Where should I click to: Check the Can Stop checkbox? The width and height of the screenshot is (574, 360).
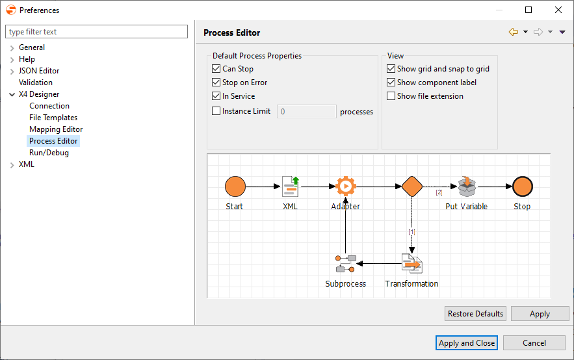coord(217,69)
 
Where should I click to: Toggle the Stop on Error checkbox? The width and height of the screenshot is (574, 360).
coord(217,83)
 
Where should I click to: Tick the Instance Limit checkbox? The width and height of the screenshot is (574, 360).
coord(217,111)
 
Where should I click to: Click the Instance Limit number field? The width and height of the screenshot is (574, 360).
coord(306,112)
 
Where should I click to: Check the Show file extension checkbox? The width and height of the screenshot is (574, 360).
coord(391,96)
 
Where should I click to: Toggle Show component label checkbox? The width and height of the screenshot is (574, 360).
coord(391,83)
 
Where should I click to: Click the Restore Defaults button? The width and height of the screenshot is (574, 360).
coord(475,314)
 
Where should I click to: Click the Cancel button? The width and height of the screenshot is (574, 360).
coord(534,343)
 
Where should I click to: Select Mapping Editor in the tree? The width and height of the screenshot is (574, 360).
coord(56,129)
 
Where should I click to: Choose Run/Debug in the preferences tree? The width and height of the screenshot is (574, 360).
coord(49,153)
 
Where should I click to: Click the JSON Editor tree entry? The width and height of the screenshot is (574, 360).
coord(39,71)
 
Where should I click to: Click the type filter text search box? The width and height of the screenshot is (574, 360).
coord(96,32)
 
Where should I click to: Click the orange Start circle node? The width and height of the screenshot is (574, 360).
coord(235,186)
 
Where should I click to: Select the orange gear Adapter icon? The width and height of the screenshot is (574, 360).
coord(345,186)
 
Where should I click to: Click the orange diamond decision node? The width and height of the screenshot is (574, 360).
coord(412,186)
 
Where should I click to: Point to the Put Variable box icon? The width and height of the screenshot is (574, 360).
coord(467,186)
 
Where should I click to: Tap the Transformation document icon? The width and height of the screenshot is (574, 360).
coord(411,264)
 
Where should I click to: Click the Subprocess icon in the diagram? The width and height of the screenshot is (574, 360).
coord(345,264)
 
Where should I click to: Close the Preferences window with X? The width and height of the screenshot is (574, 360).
coord(558,10)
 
